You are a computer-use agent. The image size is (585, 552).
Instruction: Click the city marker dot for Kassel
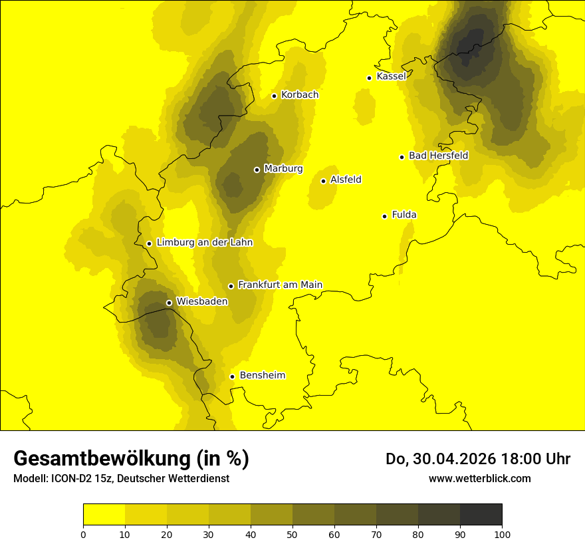(369, 78)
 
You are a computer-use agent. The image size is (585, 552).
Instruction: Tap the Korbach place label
(300, 95)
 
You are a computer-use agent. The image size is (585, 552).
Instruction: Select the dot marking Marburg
(257, 170)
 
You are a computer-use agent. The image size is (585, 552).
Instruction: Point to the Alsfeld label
(346, 180)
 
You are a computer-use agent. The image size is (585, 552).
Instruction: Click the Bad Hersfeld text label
(438, 156)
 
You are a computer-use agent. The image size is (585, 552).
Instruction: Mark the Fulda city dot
(384, 216)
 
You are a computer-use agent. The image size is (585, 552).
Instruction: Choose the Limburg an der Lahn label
(204, 243)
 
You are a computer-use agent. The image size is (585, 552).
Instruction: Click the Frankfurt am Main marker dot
(231, 286)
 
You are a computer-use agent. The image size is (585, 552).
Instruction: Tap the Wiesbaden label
(201, 301)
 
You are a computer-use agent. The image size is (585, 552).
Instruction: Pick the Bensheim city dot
(232, 376)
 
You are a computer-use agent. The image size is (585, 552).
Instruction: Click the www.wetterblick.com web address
(479, 478)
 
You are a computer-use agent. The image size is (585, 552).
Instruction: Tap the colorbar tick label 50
(292, 533)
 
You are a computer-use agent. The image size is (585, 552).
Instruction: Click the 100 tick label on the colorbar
(502, 533)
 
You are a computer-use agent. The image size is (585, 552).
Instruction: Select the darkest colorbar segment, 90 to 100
(481, 514)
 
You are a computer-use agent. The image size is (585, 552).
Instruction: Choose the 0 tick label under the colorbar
(83, 533)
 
